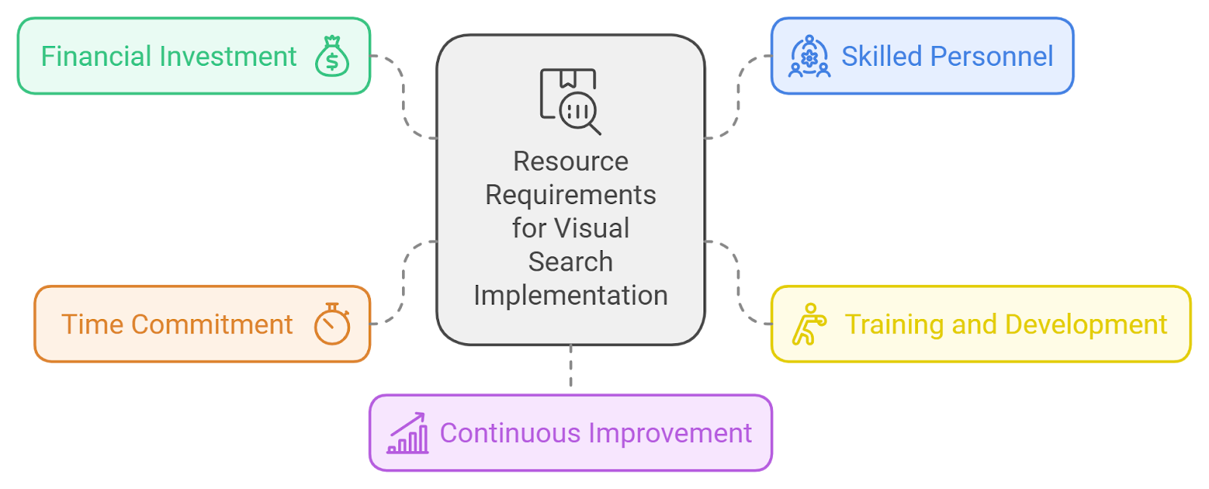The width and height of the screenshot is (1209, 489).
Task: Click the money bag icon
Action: [332, 57]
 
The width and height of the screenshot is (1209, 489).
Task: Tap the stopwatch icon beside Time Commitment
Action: [332, 324]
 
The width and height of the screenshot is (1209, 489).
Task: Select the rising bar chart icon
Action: [408, 433]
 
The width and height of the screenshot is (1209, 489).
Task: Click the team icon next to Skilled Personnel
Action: [809, 57]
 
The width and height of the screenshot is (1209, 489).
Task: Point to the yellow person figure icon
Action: [809, 324]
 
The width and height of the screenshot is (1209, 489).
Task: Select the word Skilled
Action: [882, 57]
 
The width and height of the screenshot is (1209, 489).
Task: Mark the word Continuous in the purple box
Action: [510, 433]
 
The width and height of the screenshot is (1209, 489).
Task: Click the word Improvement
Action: [670, 433]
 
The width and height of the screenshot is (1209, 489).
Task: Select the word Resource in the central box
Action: [570, 161]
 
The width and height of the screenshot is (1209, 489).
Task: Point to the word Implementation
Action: [570, 295]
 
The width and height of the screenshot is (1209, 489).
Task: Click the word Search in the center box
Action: [570, 262]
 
